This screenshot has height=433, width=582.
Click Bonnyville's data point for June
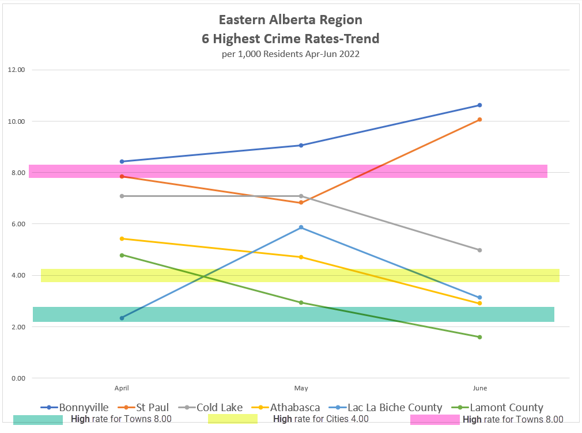[479, 105]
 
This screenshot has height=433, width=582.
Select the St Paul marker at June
[479, 120]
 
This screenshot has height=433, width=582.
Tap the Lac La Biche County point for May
[301, 227]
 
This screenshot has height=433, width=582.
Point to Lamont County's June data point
[479, 337]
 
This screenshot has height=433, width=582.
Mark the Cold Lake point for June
[479, 250]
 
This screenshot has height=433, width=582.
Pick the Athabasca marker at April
[122, 238]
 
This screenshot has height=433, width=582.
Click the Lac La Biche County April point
[122, 318]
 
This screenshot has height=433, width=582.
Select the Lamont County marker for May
[301, 302]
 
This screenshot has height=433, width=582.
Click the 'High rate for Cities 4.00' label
[320, 419]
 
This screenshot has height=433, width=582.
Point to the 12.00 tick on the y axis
[17, 70]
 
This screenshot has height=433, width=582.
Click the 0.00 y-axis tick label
[17, 378]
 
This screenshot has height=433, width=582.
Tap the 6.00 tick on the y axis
[17, 224]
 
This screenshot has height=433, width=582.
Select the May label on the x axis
[301, 388]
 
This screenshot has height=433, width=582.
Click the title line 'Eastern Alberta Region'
[290, 20]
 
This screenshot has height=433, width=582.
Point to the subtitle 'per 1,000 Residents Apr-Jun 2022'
[290, 55]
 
